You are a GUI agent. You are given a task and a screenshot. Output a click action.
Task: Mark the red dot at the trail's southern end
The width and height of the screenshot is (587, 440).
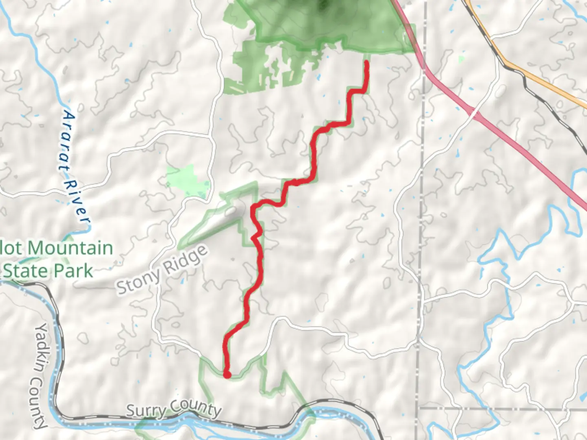[227, 374]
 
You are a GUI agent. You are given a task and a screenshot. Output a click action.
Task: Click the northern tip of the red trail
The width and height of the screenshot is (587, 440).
[366, 62]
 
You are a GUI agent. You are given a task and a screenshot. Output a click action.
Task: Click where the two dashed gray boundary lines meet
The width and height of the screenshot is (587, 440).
[419, 407]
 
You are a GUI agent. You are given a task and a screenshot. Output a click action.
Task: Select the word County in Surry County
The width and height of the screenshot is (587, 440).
[196, 407]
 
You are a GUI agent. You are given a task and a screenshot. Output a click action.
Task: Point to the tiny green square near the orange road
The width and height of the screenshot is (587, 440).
[461, 59]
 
